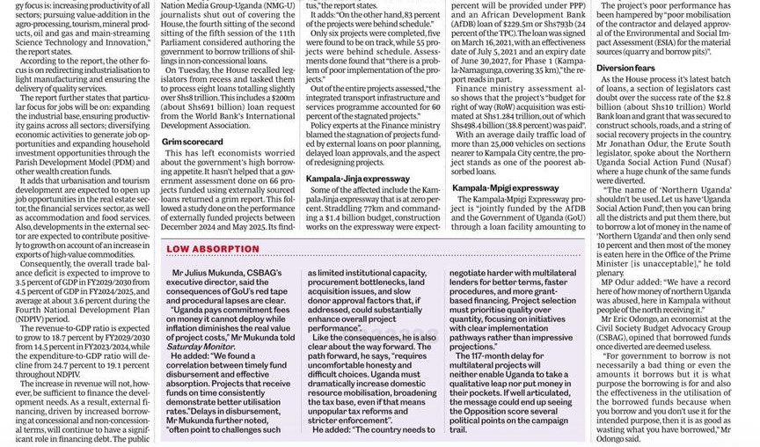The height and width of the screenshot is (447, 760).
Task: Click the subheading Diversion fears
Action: tap(626, 67)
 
